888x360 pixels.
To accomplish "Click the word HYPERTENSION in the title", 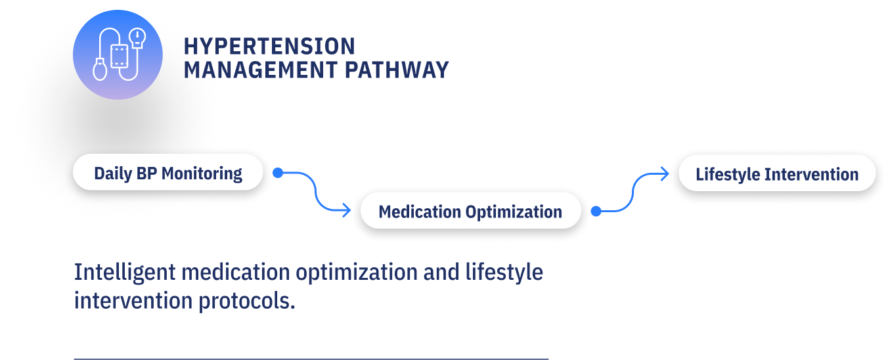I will (269, 47).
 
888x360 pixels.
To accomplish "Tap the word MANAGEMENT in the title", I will (260, 70).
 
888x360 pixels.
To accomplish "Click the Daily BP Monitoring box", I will (168, 173).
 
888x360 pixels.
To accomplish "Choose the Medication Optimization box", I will (470, 212).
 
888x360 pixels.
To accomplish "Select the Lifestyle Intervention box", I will (777, 174).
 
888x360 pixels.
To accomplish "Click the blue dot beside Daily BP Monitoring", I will (278, 173).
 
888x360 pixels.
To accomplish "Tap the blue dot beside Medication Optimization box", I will (596, 211).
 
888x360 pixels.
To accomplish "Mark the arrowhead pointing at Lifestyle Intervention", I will (665, 174).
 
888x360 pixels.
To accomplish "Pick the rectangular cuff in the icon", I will (120, 56).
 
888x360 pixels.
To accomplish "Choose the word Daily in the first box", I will (113, 173).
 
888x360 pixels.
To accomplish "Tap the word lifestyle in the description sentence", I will (505, 272).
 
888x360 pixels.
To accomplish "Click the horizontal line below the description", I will (311, 359).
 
